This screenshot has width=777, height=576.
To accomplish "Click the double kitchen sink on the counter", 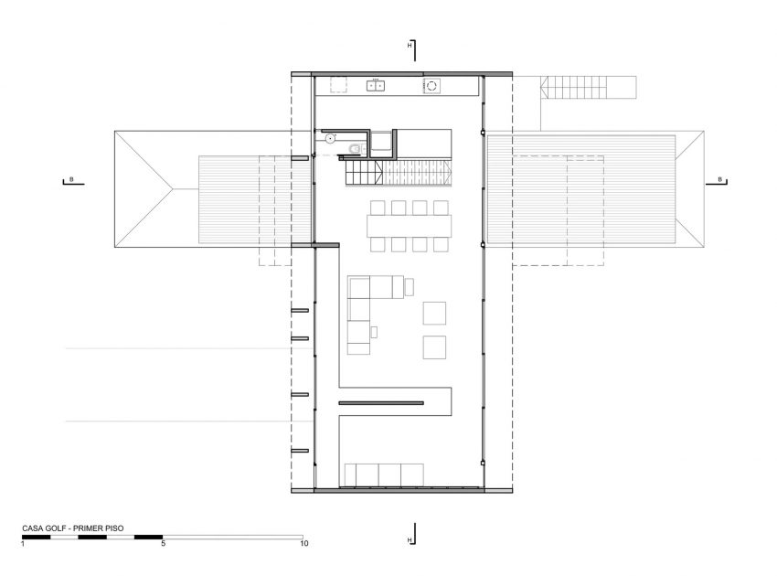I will coord(377,86).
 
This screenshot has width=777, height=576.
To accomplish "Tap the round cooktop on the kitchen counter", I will coord(431,86).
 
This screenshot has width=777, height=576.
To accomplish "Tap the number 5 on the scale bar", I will coord(163,544).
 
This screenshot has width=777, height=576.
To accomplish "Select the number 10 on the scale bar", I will coord(303,544).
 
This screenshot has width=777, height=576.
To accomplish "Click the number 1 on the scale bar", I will coord(23,544).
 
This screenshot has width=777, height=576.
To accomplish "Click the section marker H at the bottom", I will coord(410,540).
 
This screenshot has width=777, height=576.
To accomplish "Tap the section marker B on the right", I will coord(720,179).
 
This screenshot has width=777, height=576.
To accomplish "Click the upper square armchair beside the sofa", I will coord(434,313).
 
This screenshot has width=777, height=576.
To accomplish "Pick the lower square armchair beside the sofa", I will coord(434,347).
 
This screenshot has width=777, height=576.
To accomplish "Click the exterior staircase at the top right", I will coord(589,88).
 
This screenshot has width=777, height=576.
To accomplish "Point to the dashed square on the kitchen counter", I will coord(337,85).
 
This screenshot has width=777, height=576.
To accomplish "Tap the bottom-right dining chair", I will coord(442,245).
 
